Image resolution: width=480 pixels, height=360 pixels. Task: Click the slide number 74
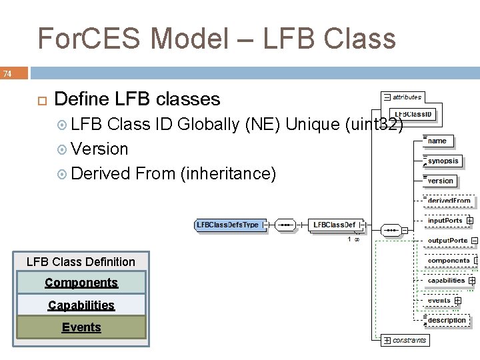pos(7,73)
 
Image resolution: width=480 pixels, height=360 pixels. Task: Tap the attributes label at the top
pos(406,97)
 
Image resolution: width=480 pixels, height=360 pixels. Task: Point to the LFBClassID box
pos(413,115)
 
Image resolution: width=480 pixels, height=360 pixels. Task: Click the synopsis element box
pos(443,161)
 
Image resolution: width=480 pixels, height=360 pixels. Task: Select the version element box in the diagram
pos(440,181)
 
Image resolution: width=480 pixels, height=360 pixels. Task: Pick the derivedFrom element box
pos(449,200)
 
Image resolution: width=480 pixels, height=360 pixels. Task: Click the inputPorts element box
pos(445,221)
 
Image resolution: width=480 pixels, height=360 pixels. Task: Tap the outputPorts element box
pos(447,241)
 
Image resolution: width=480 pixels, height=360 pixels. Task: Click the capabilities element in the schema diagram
pos(446,281)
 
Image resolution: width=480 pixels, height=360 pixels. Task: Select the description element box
pos(446,321)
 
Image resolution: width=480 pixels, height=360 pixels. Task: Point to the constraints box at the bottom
pos(409,340)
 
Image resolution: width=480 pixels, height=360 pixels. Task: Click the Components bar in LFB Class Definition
pos(81,283)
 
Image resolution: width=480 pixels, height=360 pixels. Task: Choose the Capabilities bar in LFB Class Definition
pos(81,305)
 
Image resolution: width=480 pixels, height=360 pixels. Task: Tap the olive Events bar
pos(81,327)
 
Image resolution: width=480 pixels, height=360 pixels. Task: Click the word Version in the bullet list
pos(99,149)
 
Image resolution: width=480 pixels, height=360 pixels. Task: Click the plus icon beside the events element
pos(458,301)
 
